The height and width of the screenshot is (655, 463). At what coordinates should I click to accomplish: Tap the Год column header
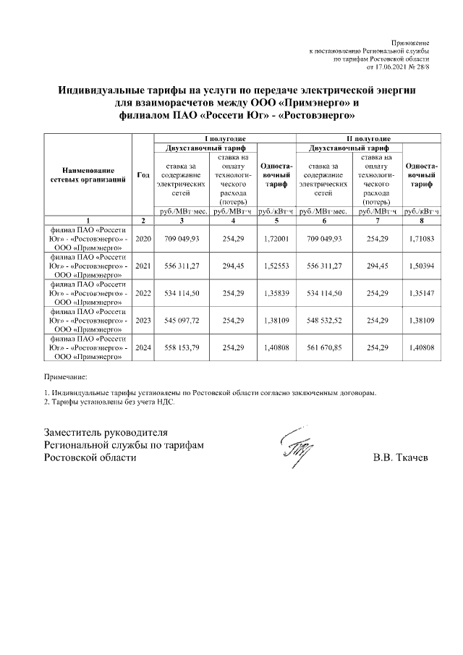(143, 175)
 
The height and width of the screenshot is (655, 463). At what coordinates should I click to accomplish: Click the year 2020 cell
(143, 238)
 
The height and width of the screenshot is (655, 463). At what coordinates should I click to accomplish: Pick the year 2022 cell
(143, 295)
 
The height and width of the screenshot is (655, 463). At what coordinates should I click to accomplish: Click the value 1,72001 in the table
(276, 238)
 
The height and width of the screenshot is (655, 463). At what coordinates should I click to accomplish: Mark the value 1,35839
(276, 295)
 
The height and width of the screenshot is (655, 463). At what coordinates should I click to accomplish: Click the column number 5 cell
(276, 220)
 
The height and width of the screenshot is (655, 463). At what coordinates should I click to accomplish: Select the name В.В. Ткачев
(401, 459)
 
